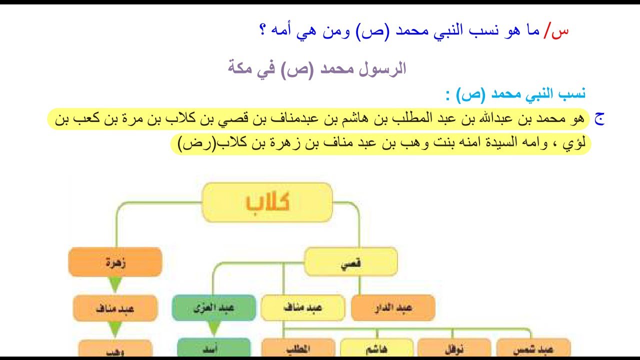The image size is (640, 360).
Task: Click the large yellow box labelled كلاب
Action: pyautogui.click(x=267, y=202)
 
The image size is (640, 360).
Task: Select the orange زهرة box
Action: pyautogui.click(x=115, y=262)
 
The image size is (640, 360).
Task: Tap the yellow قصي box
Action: pyautogui.click(x=351, y=262)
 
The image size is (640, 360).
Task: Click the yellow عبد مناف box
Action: pyautogui.click(x=302, y=308)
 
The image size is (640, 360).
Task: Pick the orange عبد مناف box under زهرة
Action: pyautogui.click(x=115, y=308)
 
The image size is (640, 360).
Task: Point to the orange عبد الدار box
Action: pyautogui.click(x=393, y=308)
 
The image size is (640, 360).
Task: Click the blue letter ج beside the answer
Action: pyautogui.click(x=599, y=119)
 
